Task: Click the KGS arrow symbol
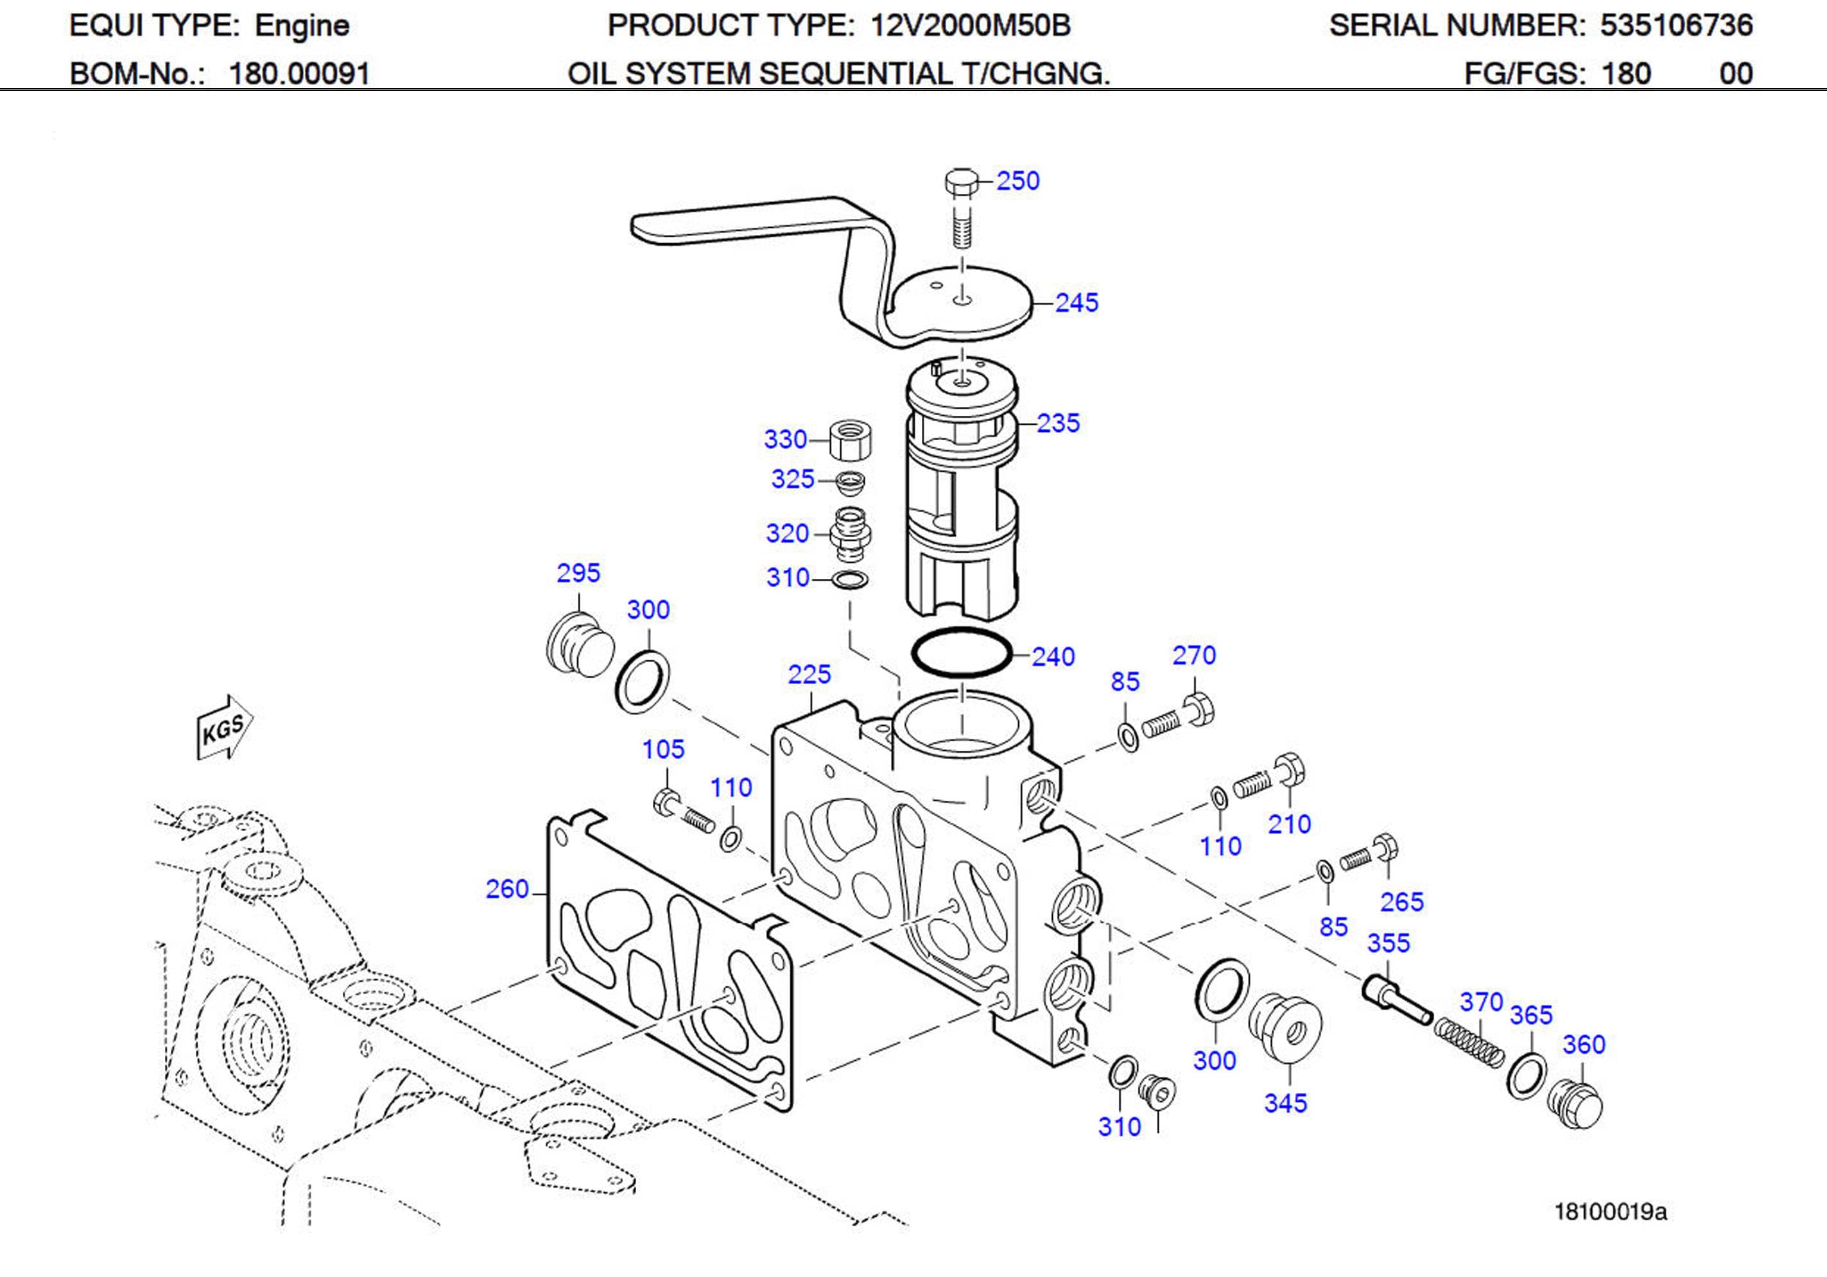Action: click(x=223, y=727)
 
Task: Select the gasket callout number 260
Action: click(x=507, y=889)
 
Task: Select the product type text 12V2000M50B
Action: click(x=970, y=26)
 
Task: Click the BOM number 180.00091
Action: click(x=299, y=74)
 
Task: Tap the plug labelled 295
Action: click(x=580, y=646)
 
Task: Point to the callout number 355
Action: click(x=1388, y=943)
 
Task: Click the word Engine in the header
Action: click(x=302, y=26)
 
